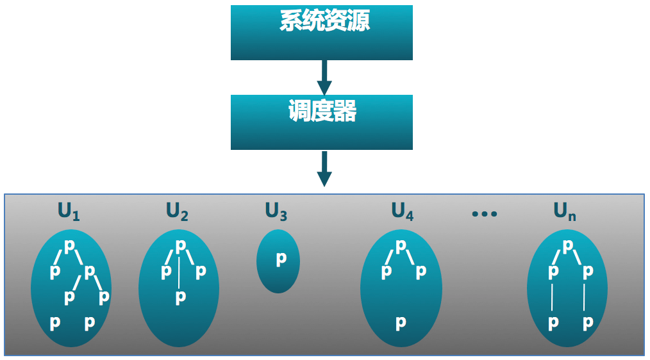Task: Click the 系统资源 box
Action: tap(321, 33)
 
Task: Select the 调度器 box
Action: tap(321, 122)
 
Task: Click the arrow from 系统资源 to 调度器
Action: tap(324, 78)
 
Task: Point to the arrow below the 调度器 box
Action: tap(324, 168)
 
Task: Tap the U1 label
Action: tap(69, 211)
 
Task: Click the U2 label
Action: tap(177, 211)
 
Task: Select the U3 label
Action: tap(276, 211)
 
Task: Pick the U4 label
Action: tap(403, 211)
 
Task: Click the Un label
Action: tap(565, 211)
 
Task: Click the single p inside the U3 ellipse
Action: tap(281, 259)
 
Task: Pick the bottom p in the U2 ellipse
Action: tap(181, 297)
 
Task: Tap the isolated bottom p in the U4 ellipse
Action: tap(401, 322)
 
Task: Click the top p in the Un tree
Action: tap(568, 245)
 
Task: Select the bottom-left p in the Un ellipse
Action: tap(553, 322)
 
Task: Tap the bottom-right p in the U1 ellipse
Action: tap(90, 322)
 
